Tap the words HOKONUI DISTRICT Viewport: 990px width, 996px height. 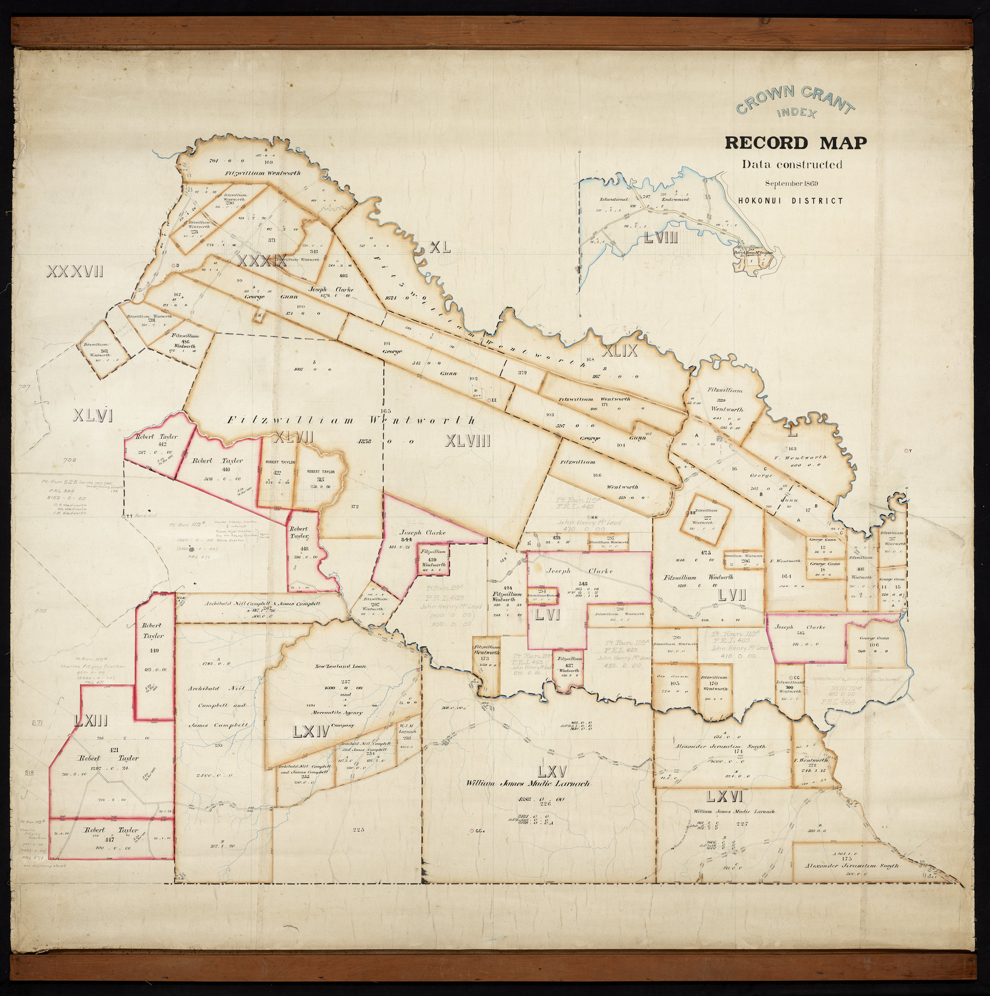pos(790,201)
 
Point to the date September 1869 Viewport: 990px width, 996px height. pos(791,184)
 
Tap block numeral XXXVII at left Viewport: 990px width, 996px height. pos(75,271)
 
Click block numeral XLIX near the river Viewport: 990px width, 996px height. pos(620,351)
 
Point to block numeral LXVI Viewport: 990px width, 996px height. pos(724,797)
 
